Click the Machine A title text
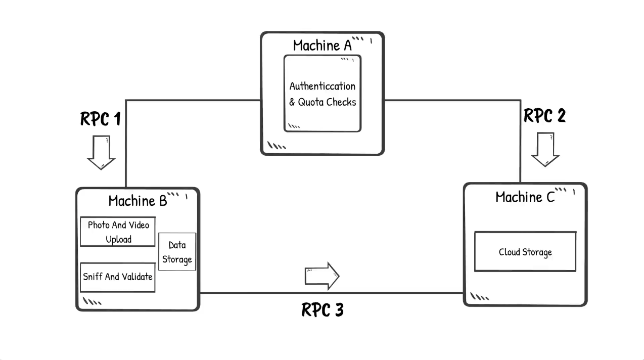(322, 46)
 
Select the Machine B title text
(137, 201)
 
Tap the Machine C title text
(525, 197)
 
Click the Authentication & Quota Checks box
(323, 94)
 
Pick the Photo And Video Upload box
(118, 232)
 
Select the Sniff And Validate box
(118, 277)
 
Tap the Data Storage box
(177, 252)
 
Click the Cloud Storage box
(525, 252)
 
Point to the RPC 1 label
(101, 119)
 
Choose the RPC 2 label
(544, 116)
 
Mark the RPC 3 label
(323, 309)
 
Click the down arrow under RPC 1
(101, 152)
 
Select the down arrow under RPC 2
(545, 149)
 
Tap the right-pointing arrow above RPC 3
(322, 276)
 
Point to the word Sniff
(93, 277)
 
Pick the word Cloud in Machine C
(510, 252)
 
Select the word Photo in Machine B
(99, 225)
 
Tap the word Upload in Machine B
(119, 239)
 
